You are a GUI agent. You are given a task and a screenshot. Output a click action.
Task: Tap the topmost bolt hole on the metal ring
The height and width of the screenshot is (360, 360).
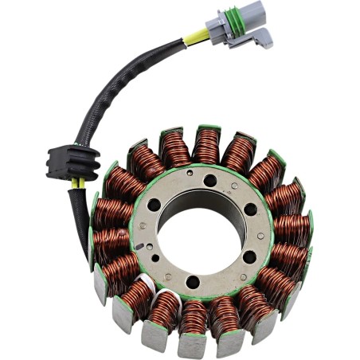209,180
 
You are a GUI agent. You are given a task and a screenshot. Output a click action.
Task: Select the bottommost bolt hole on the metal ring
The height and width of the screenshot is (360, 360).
192,281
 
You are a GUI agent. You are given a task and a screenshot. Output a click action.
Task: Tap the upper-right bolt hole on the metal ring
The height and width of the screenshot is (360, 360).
250,207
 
